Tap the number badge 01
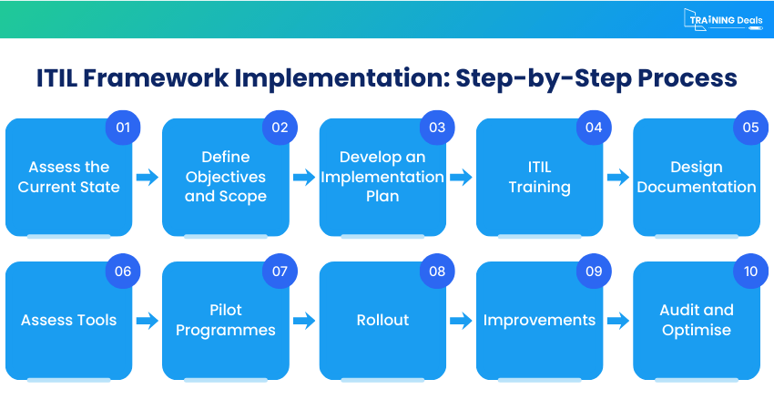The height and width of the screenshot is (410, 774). (123, 128)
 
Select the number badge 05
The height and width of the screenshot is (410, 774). (750, 128)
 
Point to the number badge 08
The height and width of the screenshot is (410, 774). (437, 271)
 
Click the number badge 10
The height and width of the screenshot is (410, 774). (750, 271)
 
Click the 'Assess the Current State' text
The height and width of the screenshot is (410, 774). (68, 177)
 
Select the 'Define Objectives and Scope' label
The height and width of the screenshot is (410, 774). (225, 177)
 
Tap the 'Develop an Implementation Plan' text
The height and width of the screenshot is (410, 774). (382, 177)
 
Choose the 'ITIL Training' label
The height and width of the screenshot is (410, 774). (539, 177)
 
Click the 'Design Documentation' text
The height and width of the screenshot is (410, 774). (697, 177)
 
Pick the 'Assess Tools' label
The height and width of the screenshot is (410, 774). (68, 320)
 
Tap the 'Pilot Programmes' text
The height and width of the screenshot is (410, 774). (225, 320)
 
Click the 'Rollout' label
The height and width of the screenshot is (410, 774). (382, 320)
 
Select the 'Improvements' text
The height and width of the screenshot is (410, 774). (539, 320)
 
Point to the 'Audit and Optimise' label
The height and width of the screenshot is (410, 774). (697, 320)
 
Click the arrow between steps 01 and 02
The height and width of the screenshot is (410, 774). (147, 178)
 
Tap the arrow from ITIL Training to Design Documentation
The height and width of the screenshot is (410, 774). (617, 178)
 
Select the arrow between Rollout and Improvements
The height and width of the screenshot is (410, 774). (461, 321)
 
